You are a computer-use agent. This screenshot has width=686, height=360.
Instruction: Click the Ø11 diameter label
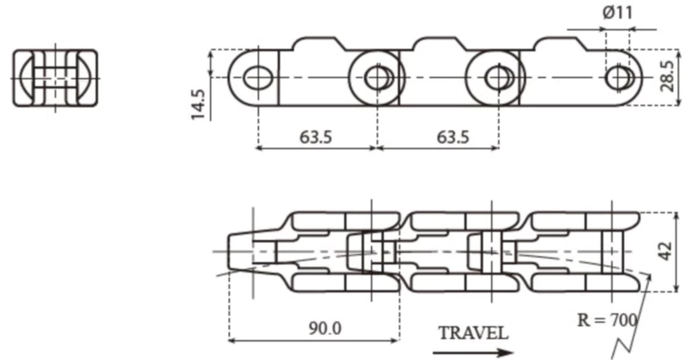(x=618, y=13)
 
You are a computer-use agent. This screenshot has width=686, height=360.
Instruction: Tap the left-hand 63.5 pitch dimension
(x=316, y=136)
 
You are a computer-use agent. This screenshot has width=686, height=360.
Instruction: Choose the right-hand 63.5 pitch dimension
(x=436, y=136)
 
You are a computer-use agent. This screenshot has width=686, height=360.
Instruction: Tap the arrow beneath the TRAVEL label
(x=472, y=350)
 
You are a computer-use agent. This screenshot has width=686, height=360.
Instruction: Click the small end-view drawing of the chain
(x=55, y=79)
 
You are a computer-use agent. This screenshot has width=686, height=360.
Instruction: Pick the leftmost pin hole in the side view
(x=256, y=78)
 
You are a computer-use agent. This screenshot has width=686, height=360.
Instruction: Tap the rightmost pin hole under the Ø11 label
(x=617, y=78)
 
